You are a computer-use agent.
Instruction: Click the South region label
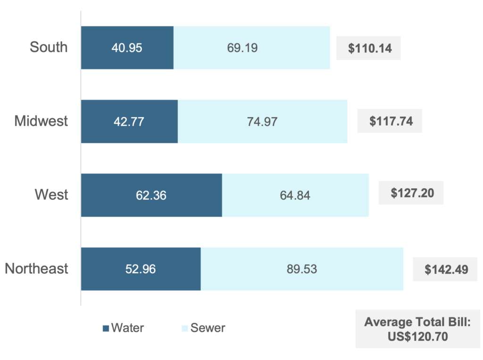pyautogui.click(x=49, y=47)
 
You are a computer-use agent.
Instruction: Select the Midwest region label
pyautogui.click(x=41, y=121)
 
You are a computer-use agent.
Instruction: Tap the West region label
pyautogui.click(x=51, y=194)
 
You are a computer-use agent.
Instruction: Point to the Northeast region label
pyautogui.click(x=37, y=268)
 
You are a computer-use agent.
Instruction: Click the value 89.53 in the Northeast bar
pyautogui.click(x=302, y=269)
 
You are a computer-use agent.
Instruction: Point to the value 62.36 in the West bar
pyautogui.click(x=151, y=195)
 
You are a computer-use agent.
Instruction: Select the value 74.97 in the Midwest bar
pyautogui.click(x=262, y=121)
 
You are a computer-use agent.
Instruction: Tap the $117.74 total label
pyautogui.click(x=390, y=121)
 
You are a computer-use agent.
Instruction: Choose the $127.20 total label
pyautogui.click(x=411, y=193)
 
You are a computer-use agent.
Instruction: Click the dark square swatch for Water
pyautogui.click(x=106, y=328)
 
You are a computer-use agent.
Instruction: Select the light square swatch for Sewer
pyautogui.click(x=185, y=328)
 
